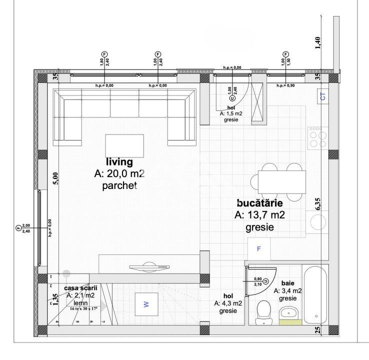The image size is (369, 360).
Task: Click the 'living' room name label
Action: (x=119, y=162)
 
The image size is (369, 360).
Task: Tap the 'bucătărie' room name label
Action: (x=259, y=203)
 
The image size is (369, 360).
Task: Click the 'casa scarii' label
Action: (x=80, y=288)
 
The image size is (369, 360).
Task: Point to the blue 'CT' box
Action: (x=322, y=96)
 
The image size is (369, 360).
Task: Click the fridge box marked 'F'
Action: (x=259, y=248)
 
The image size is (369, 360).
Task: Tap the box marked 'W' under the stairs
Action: (x=146, y=304)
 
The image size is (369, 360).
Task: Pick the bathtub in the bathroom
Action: (x=316, y=295)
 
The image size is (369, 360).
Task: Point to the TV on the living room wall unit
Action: (x=143, y=267)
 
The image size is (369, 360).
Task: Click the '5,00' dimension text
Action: (x=56, y=178)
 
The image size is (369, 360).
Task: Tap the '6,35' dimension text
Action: (x=318, y=204)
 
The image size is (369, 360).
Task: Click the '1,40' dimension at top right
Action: (x=317, y=43)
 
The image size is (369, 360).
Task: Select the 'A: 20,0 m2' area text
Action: (x=119, y=173)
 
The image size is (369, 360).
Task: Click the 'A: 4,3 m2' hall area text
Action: (x=228, y=303)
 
